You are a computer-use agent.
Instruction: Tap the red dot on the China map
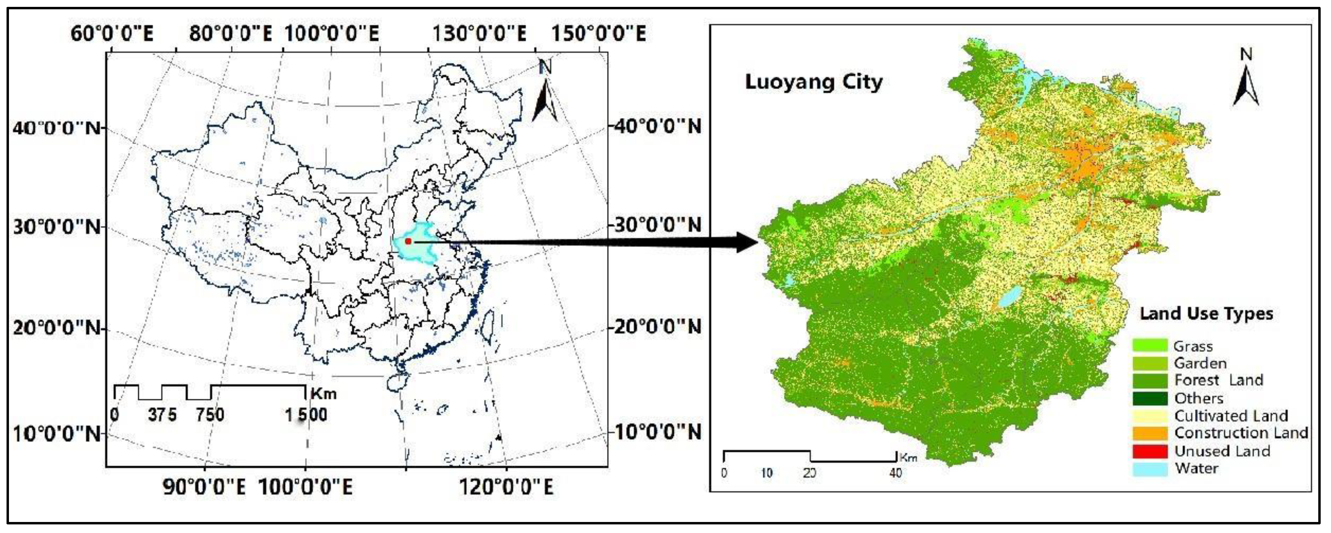click(x=408, y=241)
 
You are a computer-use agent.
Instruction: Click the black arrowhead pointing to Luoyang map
click(x=747, y=242)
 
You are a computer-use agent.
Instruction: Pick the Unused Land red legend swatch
click(x=1150, y=451)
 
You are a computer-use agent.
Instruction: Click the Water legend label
click(x=1197, y=468)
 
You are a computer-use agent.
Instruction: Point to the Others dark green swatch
click(x=1150, y=398)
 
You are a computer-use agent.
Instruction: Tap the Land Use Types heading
click(x=1206, y=313)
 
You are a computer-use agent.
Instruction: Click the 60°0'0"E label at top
click(x=112, y=34)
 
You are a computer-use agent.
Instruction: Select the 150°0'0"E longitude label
click(x=598, y=34)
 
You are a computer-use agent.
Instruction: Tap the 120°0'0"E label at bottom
click(x=506, y=487)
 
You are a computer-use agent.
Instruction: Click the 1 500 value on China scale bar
click(x=306, y=415)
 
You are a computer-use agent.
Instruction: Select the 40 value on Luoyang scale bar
click(x=895, y=472)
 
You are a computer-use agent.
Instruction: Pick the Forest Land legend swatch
click(x=1150, y=381)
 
